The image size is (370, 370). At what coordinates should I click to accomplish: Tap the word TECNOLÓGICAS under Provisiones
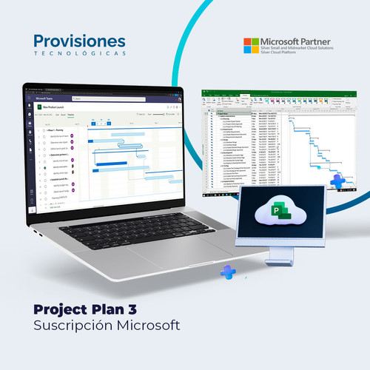click(79, 53)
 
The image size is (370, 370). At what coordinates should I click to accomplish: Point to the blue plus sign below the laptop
click(228, 272)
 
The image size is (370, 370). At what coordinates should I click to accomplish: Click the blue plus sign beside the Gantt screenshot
click(339, 181)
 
